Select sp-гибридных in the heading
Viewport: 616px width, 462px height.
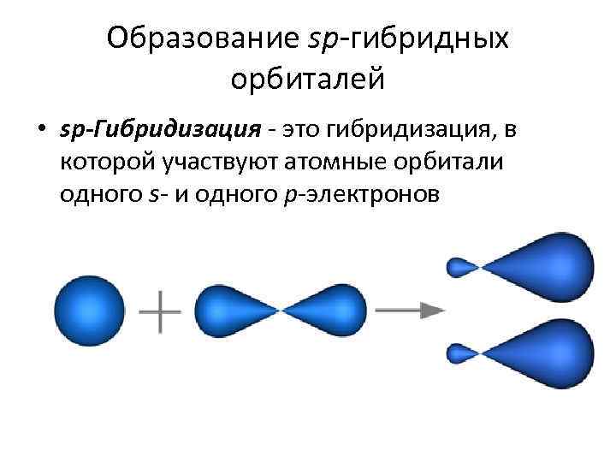[407, 38]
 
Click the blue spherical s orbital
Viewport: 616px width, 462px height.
[90, 310]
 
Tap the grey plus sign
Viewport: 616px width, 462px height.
[160, 310]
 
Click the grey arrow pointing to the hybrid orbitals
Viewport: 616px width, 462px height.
[411, 311]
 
